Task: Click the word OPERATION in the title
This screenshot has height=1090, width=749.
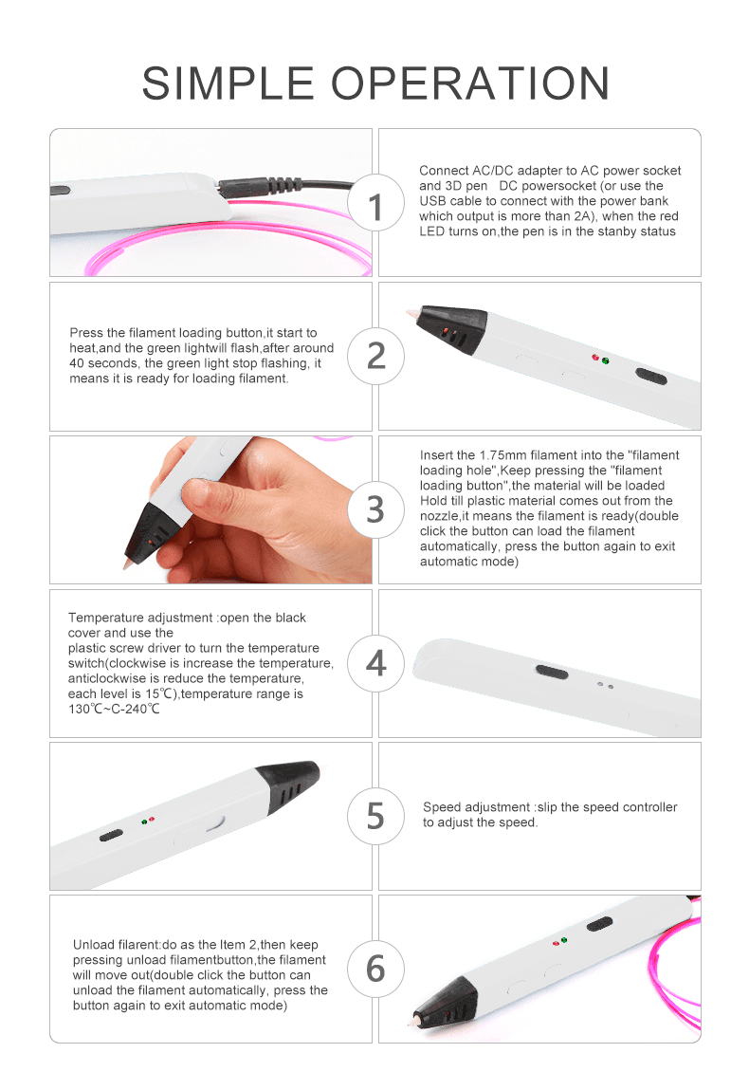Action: [470, 83]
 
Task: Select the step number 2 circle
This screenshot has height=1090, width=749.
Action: [375, 356]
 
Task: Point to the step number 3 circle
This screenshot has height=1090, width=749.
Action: [375, 509]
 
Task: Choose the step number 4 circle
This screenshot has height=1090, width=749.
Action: [375, 663]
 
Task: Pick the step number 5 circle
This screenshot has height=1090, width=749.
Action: [375, 816]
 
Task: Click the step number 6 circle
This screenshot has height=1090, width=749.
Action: [375, 969]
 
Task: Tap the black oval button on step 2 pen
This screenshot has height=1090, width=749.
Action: [651, 376]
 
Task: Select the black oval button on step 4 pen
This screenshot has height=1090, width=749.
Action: [553, 671]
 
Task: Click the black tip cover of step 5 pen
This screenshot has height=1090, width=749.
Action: [288, 785]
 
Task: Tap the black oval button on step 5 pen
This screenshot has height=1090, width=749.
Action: [111, 835]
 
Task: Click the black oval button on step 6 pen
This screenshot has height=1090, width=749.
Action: [599, 924]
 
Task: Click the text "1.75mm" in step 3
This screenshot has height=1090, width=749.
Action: [502, 455]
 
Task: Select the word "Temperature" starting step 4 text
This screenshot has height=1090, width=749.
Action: [105, 618]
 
